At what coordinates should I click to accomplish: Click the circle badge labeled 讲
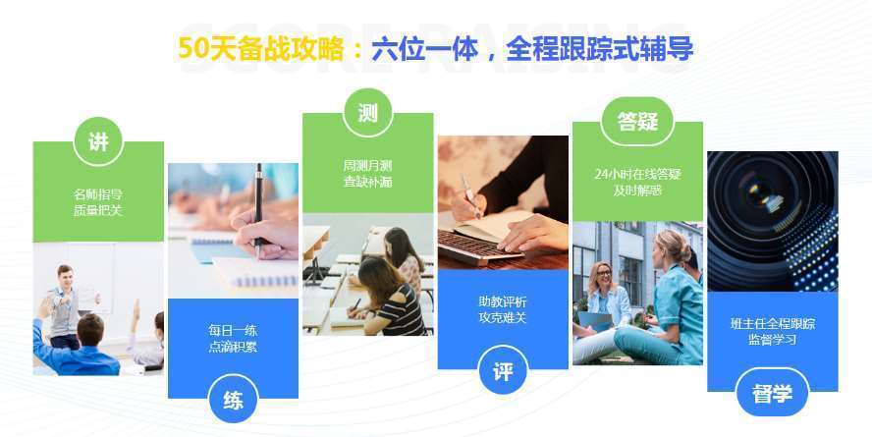[x=98, y=141]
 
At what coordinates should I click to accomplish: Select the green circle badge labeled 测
[x=367, y=113]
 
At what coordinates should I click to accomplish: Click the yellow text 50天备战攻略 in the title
[x=260, y=49]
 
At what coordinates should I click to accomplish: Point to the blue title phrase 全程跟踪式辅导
[x=599, y=49]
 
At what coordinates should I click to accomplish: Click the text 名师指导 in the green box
[x=98, y=193]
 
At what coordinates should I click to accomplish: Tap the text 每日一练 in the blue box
[x=233, y=330]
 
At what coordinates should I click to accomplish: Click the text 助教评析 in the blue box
[x=503, y=301]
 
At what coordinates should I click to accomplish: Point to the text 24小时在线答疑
[x=637, y=174]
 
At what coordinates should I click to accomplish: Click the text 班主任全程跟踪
[x=772, y=323]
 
